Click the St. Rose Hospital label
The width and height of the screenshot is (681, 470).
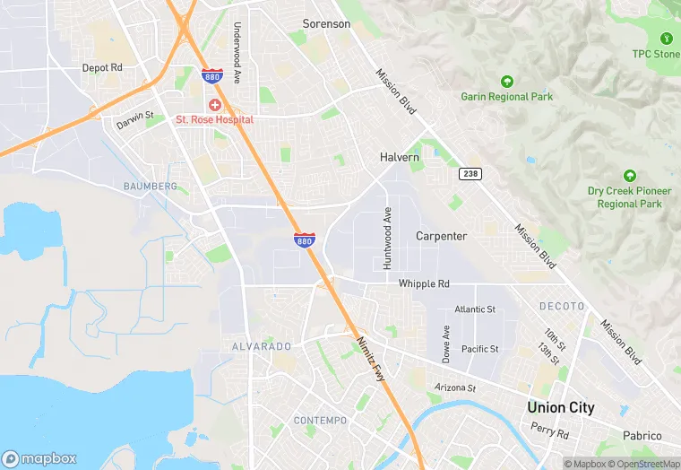(214, 119)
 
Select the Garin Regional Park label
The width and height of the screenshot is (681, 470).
(505, 96)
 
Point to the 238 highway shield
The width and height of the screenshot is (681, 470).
(470, 172)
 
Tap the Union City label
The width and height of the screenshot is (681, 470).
(560, 407)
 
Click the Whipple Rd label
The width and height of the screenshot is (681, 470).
(424, 283)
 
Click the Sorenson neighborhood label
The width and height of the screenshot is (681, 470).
(326, 23)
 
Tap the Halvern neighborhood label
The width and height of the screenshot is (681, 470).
(400, 157)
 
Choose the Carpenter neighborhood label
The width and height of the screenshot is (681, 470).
(441, 236)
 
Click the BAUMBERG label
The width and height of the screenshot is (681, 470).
(151, 186)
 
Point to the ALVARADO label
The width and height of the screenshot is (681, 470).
(262, 346)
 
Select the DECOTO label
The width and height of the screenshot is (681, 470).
(561, 306)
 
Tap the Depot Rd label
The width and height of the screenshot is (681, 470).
(102, 67)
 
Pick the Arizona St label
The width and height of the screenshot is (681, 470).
(455, 387)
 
